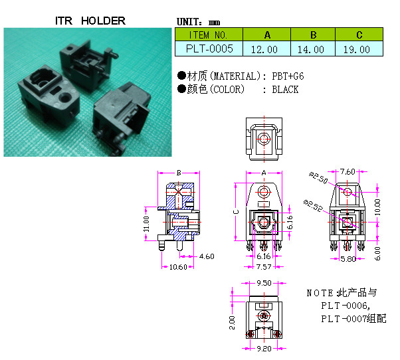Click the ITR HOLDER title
click(x=90, y=21)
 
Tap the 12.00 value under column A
click(x=266, y=49)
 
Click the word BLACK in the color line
click(x=285, y=90)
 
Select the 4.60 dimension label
click(x=207, y=256)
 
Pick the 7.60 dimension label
click(x=347, y=171)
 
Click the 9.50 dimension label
click(x=263, y=283)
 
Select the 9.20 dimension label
click(x=263, y=347)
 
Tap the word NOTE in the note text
click(x=319, y=293)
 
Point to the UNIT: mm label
click(x=199, y=21)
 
